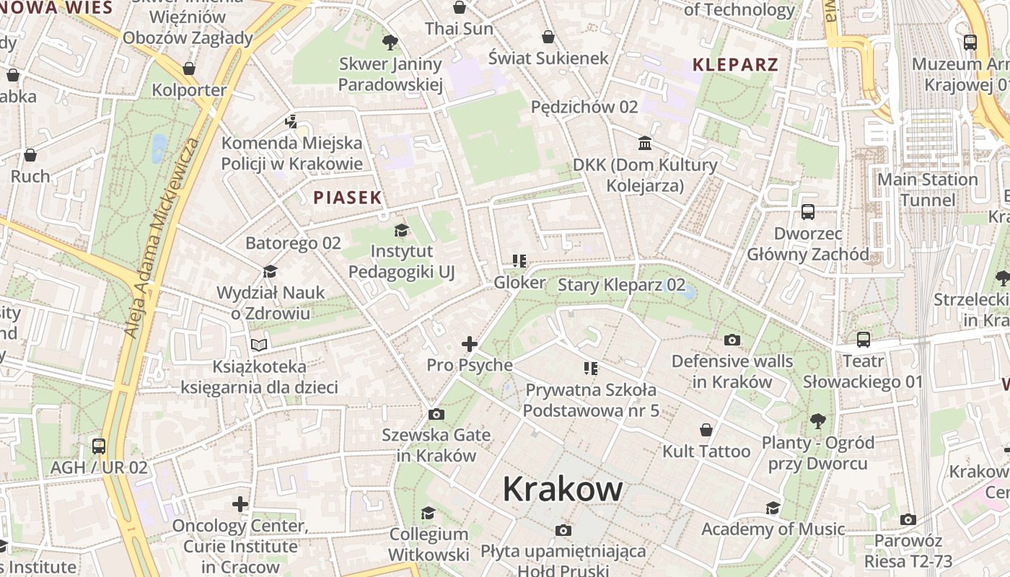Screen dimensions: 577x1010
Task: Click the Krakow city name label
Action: pos(563,488)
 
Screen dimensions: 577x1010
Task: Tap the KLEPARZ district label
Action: pos(735,64)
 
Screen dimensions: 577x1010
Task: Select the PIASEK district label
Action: pos(347,197)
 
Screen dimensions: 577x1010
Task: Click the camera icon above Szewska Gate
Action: pos(436,414)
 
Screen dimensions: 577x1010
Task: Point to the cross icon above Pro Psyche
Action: pos(470,344)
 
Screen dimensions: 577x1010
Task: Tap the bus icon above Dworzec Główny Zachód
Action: pos(807,212)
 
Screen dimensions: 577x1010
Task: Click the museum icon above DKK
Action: pos(645,144)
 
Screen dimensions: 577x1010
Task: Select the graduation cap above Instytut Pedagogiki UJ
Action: pos(401,230)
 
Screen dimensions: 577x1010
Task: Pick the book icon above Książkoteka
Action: pos(259,345)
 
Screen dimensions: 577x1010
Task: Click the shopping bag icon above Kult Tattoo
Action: pos(706,430)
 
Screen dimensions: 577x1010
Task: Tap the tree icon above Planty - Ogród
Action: pos(817,420)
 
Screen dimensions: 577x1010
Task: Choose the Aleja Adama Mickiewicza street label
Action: pos(162,238)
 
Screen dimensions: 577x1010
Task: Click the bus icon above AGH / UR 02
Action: pos(99,446)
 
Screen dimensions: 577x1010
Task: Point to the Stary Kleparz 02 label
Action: pos(621,285)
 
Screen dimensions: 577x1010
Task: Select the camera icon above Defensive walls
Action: pos(732,340)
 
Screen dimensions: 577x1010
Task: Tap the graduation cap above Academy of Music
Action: pos(773,508)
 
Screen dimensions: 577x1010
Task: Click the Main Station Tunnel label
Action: pos(927,189)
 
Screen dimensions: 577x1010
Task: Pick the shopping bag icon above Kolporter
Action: pos(189,69)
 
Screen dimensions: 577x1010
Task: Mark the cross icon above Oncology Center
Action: pos(240,503)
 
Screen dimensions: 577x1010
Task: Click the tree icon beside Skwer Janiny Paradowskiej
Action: pos(390,43)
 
